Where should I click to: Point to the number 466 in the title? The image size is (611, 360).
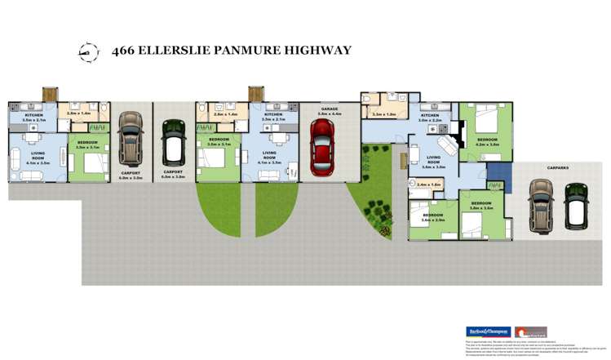125,51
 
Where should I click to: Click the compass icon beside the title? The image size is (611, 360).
85,51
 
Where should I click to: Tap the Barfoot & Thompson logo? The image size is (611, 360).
487,331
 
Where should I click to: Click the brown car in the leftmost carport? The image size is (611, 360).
131,136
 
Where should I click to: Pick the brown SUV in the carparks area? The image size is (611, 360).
541,205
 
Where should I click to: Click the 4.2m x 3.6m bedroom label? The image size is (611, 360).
487,142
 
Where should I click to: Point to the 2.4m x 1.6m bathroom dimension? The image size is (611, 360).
428,185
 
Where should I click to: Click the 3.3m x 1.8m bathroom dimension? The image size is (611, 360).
383,115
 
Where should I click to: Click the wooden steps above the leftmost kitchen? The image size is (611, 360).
46,95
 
